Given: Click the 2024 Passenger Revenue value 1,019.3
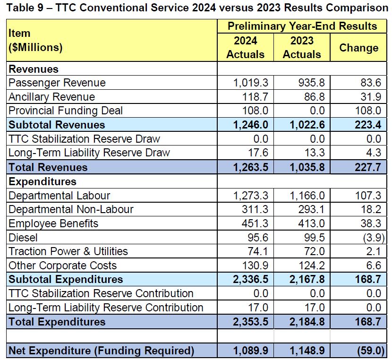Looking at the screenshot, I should pyautogui.click(x=250, y=83).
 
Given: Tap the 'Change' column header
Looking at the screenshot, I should pyautogui.click(x=358, y=48).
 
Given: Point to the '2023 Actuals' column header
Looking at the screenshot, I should pyautogui.click(x=301, y=47).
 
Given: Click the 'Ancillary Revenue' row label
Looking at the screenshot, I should pyautogui.click(x=51, y=97).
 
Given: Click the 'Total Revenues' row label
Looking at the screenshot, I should pyautogui.click(x=48, y=167).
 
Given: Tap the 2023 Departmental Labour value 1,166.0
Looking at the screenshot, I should pyautogui.click(x=307, y=196).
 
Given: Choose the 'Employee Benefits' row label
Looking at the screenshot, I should pyautogui.click(x=53, y=223).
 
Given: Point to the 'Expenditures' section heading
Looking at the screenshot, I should pyautogui.click(x=43, y=181).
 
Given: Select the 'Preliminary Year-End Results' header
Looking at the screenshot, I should pyautogui.click(x=302, y=26).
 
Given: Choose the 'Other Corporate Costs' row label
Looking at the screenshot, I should pyautogui.click(x=62, y=266).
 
